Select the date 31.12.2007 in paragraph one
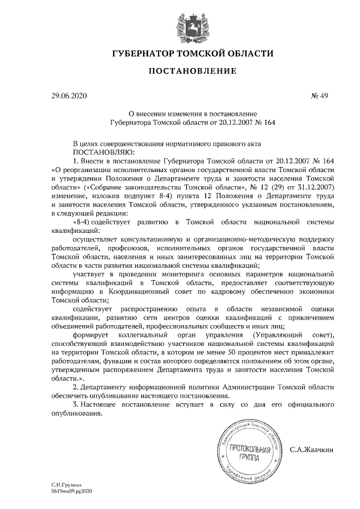[315, 186]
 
